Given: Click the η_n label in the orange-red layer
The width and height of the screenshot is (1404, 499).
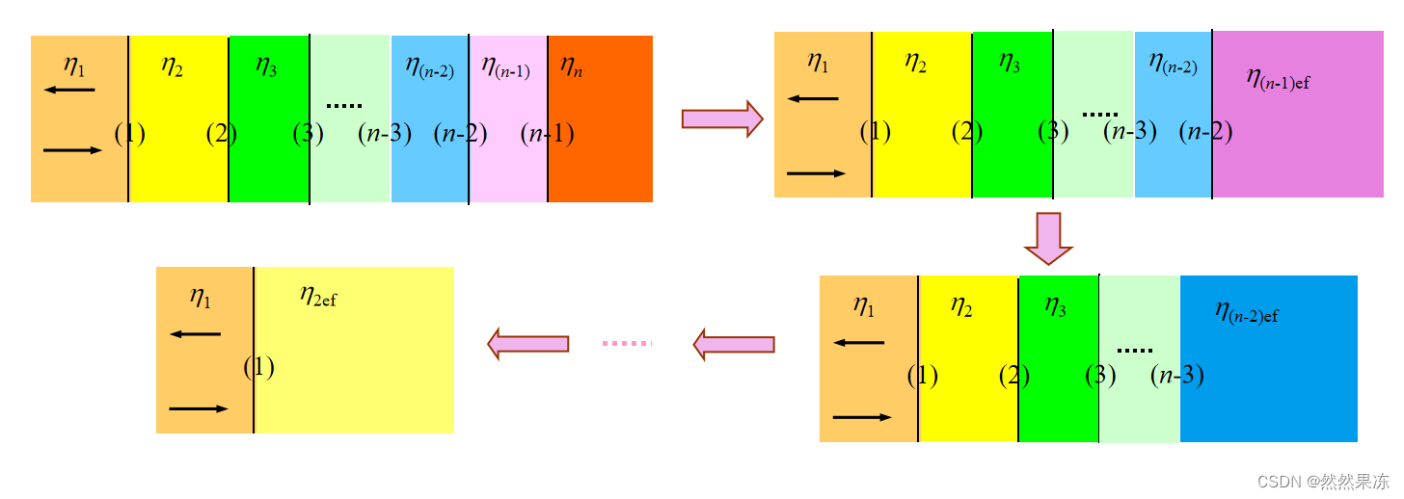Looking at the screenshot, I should (571, 67).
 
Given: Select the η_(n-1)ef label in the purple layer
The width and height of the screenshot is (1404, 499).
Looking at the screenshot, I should (1277, 78).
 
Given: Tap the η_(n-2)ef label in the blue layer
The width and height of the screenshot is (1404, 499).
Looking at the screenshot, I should (1246, 311).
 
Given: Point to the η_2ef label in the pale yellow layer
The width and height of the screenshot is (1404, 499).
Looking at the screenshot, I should (318, 296).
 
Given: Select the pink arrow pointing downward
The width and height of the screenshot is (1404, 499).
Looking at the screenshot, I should (1048, 238).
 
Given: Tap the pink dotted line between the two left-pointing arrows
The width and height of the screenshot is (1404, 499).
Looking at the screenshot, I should (627, 343).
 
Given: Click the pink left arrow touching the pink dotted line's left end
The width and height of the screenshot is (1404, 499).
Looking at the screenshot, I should (527, 343).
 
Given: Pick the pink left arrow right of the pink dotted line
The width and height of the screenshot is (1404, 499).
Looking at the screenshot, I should (734, 344).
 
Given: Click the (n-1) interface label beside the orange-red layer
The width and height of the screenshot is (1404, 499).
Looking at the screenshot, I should (547, 134).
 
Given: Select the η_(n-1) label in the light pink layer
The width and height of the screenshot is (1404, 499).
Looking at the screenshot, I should (505, 66).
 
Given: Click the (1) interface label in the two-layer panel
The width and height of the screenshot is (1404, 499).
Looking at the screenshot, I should (258, 367).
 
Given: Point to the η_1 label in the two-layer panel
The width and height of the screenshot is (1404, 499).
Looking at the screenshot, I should (201, 297).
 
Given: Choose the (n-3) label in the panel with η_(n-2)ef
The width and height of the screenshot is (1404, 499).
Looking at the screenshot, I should (1176, 375).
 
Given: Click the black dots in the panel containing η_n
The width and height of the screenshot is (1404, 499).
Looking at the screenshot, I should (343, 105).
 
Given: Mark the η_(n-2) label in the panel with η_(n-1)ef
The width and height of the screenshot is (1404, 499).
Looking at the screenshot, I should (1173, 64).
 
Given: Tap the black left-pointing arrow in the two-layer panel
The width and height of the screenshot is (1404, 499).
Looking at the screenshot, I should (195, 334).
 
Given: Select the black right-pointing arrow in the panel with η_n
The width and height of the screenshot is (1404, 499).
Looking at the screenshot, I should (72, 150).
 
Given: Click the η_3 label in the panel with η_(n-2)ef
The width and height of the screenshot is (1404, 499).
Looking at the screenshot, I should (1056, 305).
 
